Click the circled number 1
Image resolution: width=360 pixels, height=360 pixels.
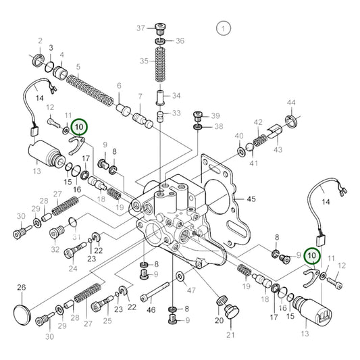[222, 28]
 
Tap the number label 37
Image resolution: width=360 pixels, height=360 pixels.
[140, 28]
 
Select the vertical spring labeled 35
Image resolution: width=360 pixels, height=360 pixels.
[161, 68]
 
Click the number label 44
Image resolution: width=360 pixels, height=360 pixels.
[291, 102]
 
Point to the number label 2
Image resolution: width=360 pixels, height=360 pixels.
[40, 41]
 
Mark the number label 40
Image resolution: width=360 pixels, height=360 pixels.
[239, 136]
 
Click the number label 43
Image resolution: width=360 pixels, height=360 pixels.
[278, 149]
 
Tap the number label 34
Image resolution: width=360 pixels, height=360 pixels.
[177, 95]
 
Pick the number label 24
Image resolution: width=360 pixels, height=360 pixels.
[72, 268]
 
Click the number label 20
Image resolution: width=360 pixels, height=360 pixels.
[219, 321]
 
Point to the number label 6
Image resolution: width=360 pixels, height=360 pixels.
[119, 86]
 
